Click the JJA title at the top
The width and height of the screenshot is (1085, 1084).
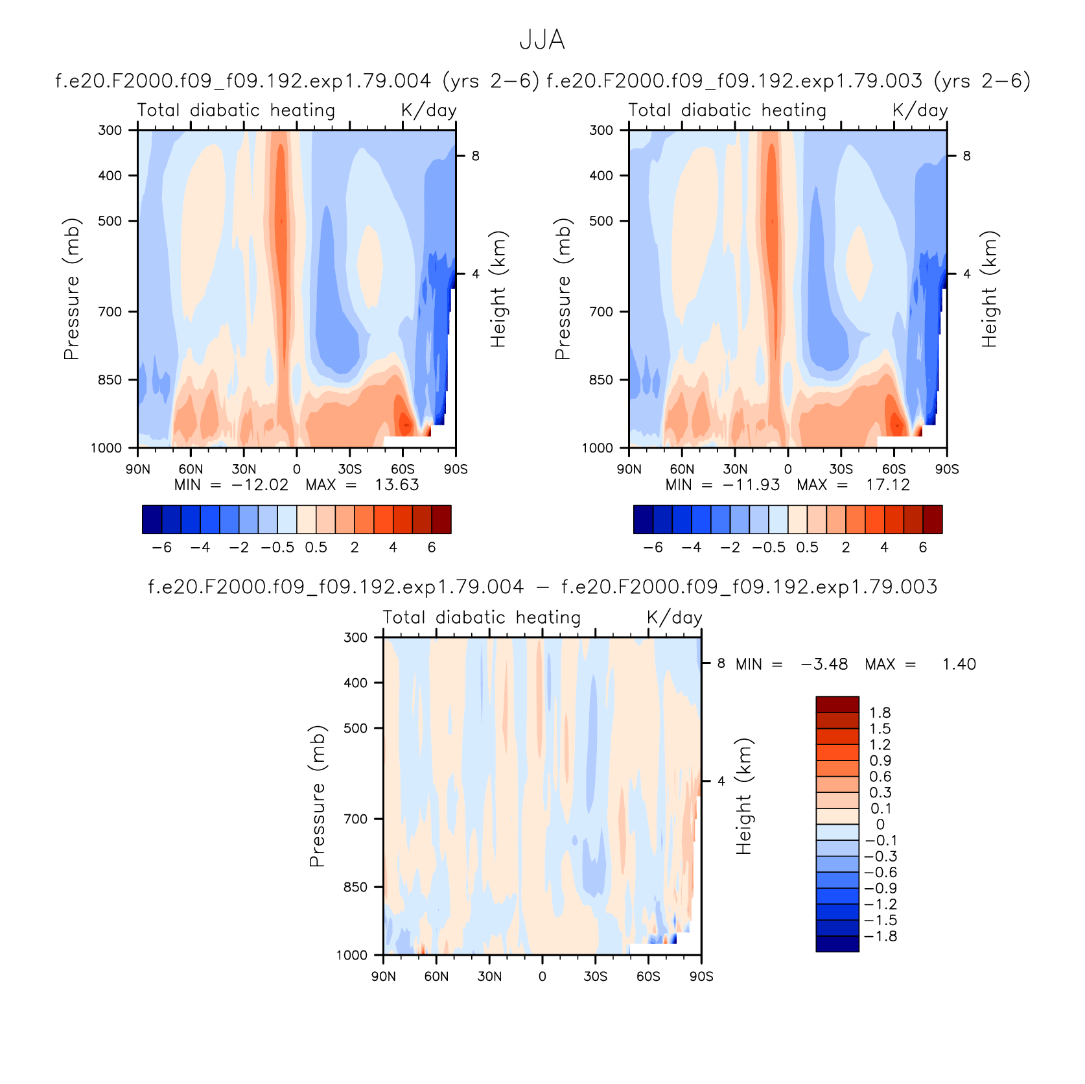[x=542, y=40]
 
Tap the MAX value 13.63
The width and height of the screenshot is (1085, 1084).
[x=397, y=485]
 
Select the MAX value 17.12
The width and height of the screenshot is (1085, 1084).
[x=888, y=485]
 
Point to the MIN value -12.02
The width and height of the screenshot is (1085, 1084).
[x=260, y=485]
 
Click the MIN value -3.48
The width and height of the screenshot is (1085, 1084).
[x=824, y=665]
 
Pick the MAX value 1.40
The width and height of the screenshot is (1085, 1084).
[x=959, y=665]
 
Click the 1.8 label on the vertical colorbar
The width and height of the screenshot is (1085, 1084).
[x=880, y=713]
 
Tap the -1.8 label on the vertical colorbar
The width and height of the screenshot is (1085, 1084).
[x=881, y=937]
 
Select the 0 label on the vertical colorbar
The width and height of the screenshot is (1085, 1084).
[x=880, y=825]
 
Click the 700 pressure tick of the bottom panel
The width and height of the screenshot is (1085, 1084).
[x=355, y=819]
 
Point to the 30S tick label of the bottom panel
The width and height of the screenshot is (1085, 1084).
[x=595, y=976]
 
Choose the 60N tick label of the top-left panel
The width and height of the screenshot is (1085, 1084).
[x=191, y=469]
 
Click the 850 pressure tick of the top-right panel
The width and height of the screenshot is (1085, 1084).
[x=601, y=380]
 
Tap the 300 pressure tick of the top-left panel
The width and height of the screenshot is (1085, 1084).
[x=110, y=130]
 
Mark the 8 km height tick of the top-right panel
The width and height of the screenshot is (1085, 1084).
[x=966, y=156]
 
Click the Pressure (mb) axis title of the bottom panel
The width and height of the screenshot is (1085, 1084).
[x=316, y=796]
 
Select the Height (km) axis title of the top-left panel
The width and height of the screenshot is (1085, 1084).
[x=497, y=289]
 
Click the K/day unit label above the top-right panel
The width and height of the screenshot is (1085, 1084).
[x=920, y=111]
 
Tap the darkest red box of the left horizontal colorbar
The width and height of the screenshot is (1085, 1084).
[x=441, y=519]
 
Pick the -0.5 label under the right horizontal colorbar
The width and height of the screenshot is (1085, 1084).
[x=769, y=548]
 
